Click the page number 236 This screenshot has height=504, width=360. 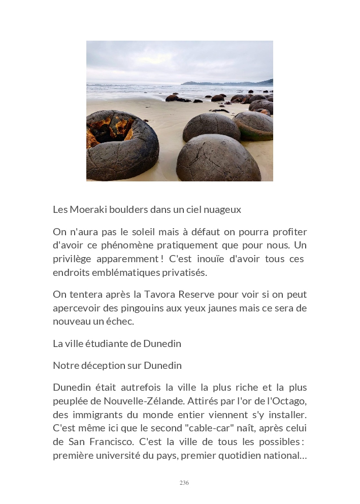tap(184, 483)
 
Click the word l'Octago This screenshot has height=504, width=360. tap(286, 401)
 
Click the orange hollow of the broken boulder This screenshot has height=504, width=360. tap(112, 131)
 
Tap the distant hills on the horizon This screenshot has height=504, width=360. tap(228, 82)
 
